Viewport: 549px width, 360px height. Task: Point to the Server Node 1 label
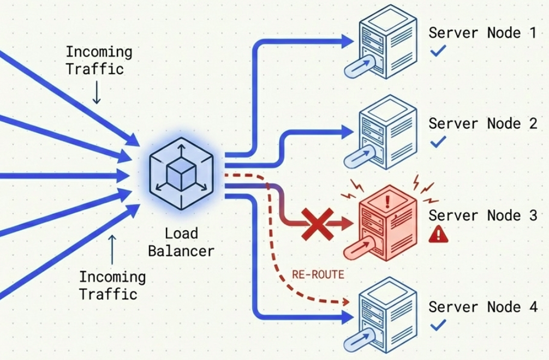482,33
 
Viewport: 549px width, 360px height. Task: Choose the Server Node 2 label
482,124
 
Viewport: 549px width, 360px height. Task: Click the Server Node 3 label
482,215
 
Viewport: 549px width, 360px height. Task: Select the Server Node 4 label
482,307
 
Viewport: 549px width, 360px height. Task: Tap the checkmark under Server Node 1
438,52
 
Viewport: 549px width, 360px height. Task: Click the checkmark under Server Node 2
438,142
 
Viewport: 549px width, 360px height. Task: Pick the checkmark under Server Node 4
438,326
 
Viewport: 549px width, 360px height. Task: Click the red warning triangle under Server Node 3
438,235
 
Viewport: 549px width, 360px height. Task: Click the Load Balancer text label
181,243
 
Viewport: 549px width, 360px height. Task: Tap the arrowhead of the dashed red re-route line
345,301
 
